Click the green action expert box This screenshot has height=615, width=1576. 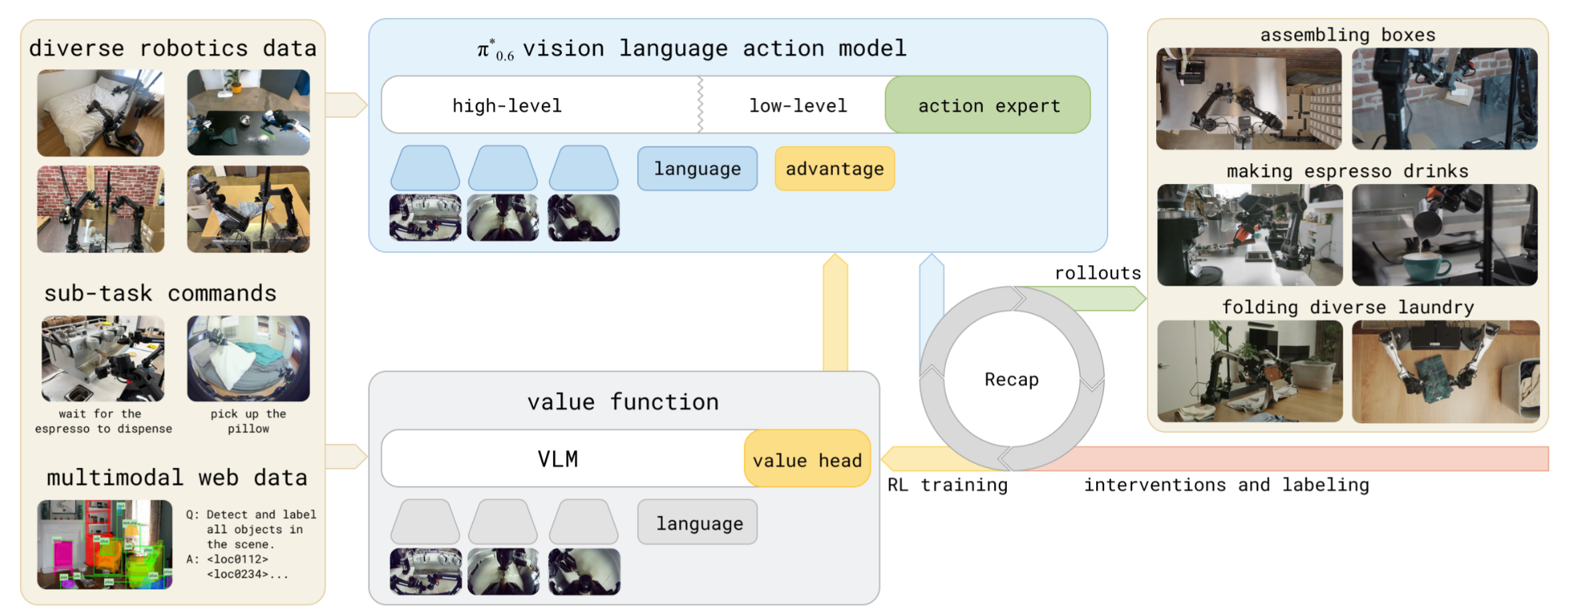[988, 105]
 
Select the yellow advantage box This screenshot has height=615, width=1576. [834, 169]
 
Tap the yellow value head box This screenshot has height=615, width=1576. [807, 460]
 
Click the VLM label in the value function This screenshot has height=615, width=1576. [558, 459]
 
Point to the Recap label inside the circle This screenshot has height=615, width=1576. [1012, 380]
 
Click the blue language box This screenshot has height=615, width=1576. [697, 169]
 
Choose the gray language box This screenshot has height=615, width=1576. [698, 523]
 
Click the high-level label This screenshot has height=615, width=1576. [507, 106]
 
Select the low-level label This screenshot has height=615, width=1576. [798, 106]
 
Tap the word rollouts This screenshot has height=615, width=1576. [1098, 273]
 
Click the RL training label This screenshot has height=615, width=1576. [947, 485]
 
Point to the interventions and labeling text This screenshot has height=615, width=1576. [1226, 485]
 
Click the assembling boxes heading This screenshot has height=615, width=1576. [1347, 35]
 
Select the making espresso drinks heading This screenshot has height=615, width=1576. [1347, 171]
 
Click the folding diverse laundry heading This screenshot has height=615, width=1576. [1347, 307]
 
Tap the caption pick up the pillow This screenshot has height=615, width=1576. [248, 421]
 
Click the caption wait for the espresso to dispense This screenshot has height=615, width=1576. [103, 421]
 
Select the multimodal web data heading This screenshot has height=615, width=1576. [177, 478]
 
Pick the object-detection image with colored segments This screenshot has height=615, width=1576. [105, 544]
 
